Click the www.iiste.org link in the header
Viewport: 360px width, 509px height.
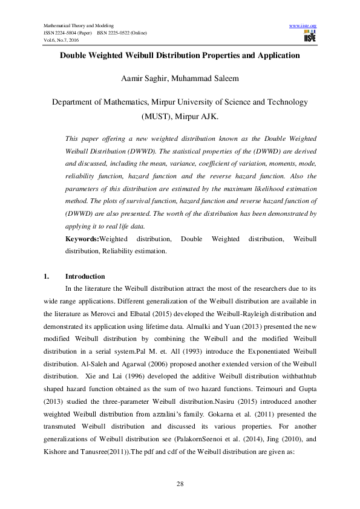[303, 25]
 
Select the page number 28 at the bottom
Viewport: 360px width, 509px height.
[180, 484]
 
